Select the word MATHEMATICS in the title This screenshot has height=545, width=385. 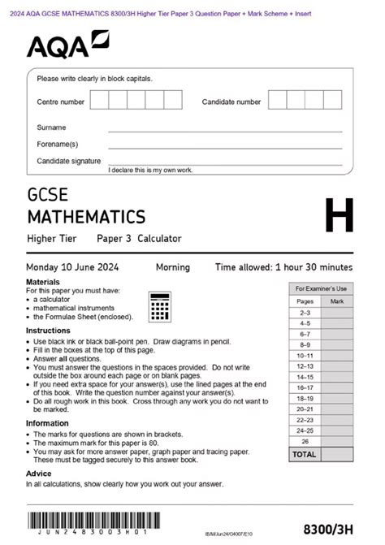(86, 217)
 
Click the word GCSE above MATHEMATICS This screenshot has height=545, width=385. (48, 196)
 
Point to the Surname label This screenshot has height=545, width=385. (51, 128)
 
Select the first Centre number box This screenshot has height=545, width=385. (99, 101)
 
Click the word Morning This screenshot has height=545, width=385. (172, 267)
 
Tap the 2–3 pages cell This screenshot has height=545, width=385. (305, 313)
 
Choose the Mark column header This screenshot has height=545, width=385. (336, 301)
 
